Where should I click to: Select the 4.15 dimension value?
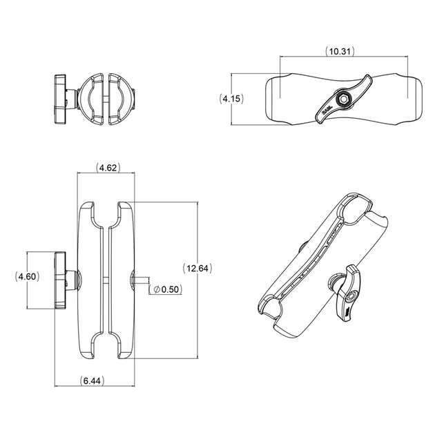pyautogui.click(x=232, y=99)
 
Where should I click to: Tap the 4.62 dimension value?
pyautogui.click(x=107, y=168)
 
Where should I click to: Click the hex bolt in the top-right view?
pyautogui.click(x=341, y=99)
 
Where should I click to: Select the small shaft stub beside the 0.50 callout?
pyautogui.click(x=143, y=279)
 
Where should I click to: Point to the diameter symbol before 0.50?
pyautogui.click(x=156, y=289)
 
